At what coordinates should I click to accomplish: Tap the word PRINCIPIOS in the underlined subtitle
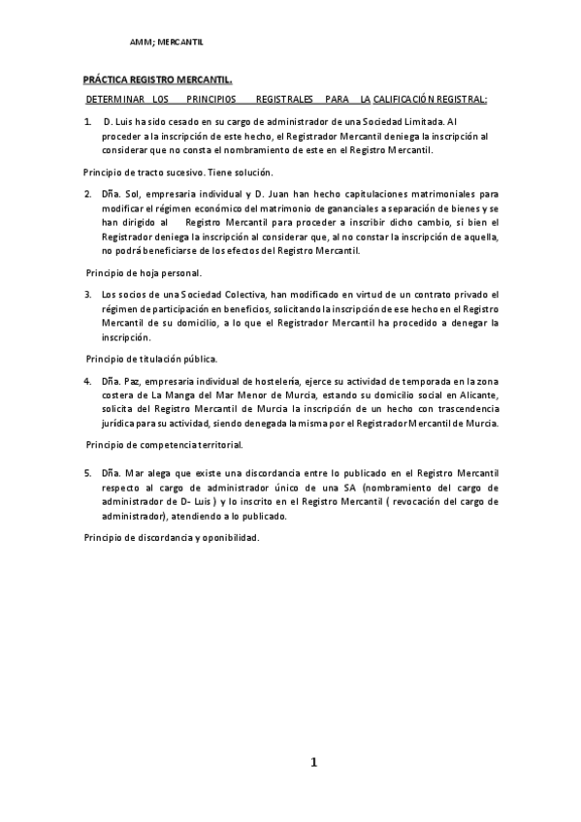coord(212,99)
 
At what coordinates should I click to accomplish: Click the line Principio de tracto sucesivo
coord(158,172)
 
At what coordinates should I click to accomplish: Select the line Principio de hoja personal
coord(144,272)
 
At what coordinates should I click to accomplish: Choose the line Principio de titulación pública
coord(150,359)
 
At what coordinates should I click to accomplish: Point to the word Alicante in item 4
coord(476,395)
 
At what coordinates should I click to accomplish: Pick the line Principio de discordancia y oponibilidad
coord(173,538)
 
